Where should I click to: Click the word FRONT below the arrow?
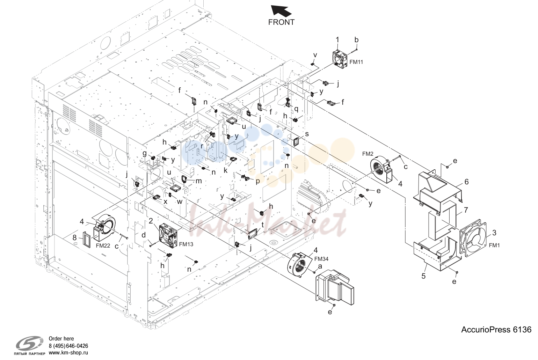click(x=281, y=22)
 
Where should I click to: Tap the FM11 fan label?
click(x=356, y=62)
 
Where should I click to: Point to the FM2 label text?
click(x=368, y=154)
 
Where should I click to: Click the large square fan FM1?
click(x=473, y=238)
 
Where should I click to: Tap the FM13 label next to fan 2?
click(x=186, y=244)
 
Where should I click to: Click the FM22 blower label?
click(x=103, y=245)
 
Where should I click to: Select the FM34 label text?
click(x=321, y=259)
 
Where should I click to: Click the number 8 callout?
click(x=74, y=237)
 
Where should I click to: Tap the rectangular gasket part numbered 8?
click(x=87, y=240)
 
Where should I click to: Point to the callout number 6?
click(x=466, y=182)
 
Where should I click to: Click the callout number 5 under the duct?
click(x=423, y=276)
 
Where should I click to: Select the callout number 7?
click(x=466, y=210)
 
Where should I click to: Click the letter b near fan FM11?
click(x=356, y=40)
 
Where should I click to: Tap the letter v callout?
click(x=315, y=56)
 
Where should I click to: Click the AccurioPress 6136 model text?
click(x=496, y=330)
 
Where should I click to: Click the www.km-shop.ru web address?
click(x=68, y=353)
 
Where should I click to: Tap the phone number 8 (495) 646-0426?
click(x=68, y=346)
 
